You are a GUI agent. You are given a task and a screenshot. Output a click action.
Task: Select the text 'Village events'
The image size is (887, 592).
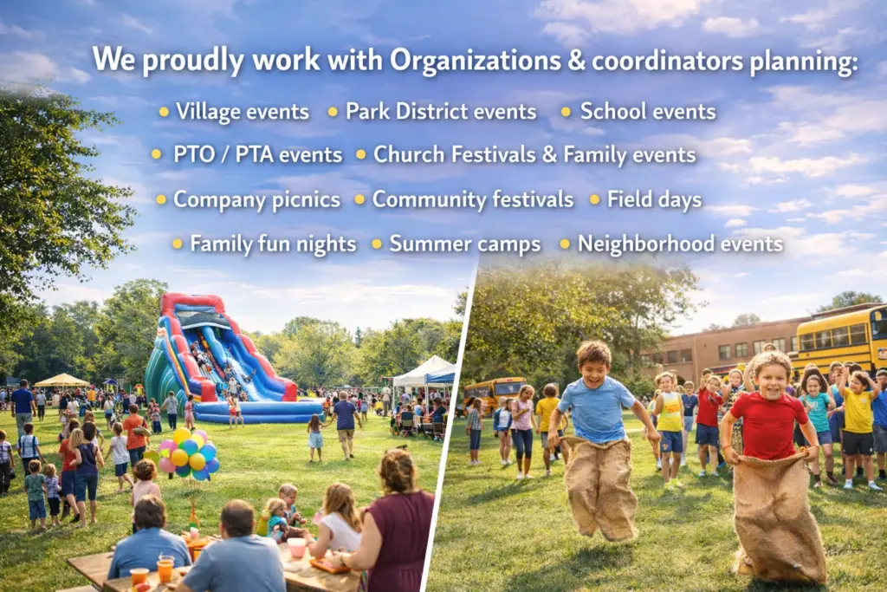242,112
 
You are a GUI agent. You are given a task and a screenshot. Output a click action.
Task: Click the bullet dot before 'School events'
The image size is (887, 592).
566,112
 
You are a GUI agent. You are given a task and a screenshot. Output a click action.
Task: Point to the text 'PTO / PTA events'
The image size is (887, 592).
257,155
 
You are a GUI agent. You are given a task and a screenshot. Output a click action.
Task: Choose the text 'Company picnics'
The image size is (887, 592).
256,199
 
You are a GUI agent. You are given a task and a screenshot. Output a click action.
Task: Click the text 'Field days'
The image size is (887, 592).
654,199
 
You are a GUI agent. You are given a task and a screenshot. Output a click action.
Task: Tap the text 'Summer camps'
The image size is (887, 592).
464,244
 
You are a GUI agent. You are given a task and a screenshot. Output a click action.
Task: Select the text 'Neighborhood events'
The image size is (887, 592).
680,244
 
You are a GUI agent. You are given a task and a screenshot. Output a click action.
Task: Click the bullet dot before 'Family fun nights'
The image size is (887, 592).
177,244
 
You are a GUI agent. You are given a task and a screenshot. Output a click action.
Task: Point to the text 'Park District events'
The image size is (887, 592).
440,112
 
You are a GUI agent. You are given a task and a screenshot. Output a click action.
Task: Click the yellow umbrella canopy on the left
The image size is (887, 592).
62,380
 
